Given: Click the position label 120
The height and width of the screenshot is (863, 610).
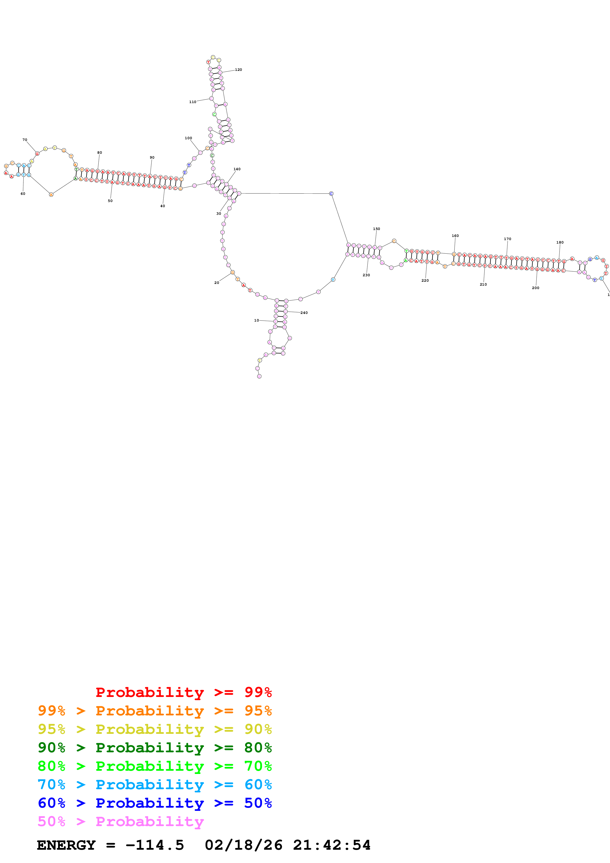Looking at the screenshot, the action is [x=238, y=70].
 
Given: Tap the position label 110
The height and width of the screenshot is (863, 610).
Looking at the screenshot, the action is [x=192, y=102].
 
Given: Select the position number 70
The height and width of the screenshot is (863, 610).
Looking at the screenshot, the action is [x=25, y=140].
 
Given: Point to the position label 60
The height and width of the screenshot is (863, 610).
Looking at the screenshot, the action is [x=23, y=194].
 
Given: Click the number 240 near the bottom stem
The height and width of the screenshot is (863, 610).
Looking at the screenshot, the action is [x=304, y=313].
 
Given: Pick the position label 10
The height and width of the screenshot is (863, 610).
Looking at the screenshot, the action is [x=256, y=320].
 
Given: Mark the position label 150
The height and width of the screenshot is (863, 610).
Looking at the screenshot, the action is [x=376, y=229].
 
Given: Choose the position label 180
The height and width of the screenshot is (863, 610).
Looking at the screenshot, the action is [x=560, y=242].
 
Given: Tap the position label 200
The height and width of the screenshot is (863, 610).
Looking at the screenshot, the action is [x=535, y=288].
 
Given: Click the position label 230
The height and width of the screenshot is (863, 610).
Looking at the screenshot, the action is [x=366, y=275].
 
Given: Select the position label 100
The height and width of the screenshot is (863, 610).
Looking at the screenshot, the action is [x=188, y=138].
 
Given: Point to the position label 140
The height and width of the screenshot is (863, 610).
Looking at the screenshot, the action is [x=237, y=169].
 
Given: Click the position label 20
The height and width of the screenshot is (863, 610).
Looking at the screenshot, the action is [x=217, y=283].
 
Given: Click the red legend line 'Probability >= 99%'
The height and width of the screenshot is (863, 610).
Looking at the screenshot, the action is [x=183, y=692].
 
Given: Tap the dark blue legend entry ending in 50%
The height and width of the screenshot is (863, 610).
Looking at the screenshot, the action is [x=155, y=803].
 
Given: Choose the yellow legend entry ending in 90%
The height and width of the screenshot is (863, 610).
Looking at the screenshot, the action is [x=155, y=729].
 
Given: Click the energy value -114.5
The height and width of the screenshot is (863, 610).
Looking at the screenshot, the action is [x=155, y=845].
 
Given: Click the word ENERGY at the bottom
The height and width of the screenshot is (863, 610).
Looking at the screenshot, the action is [x=66, y=845].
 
